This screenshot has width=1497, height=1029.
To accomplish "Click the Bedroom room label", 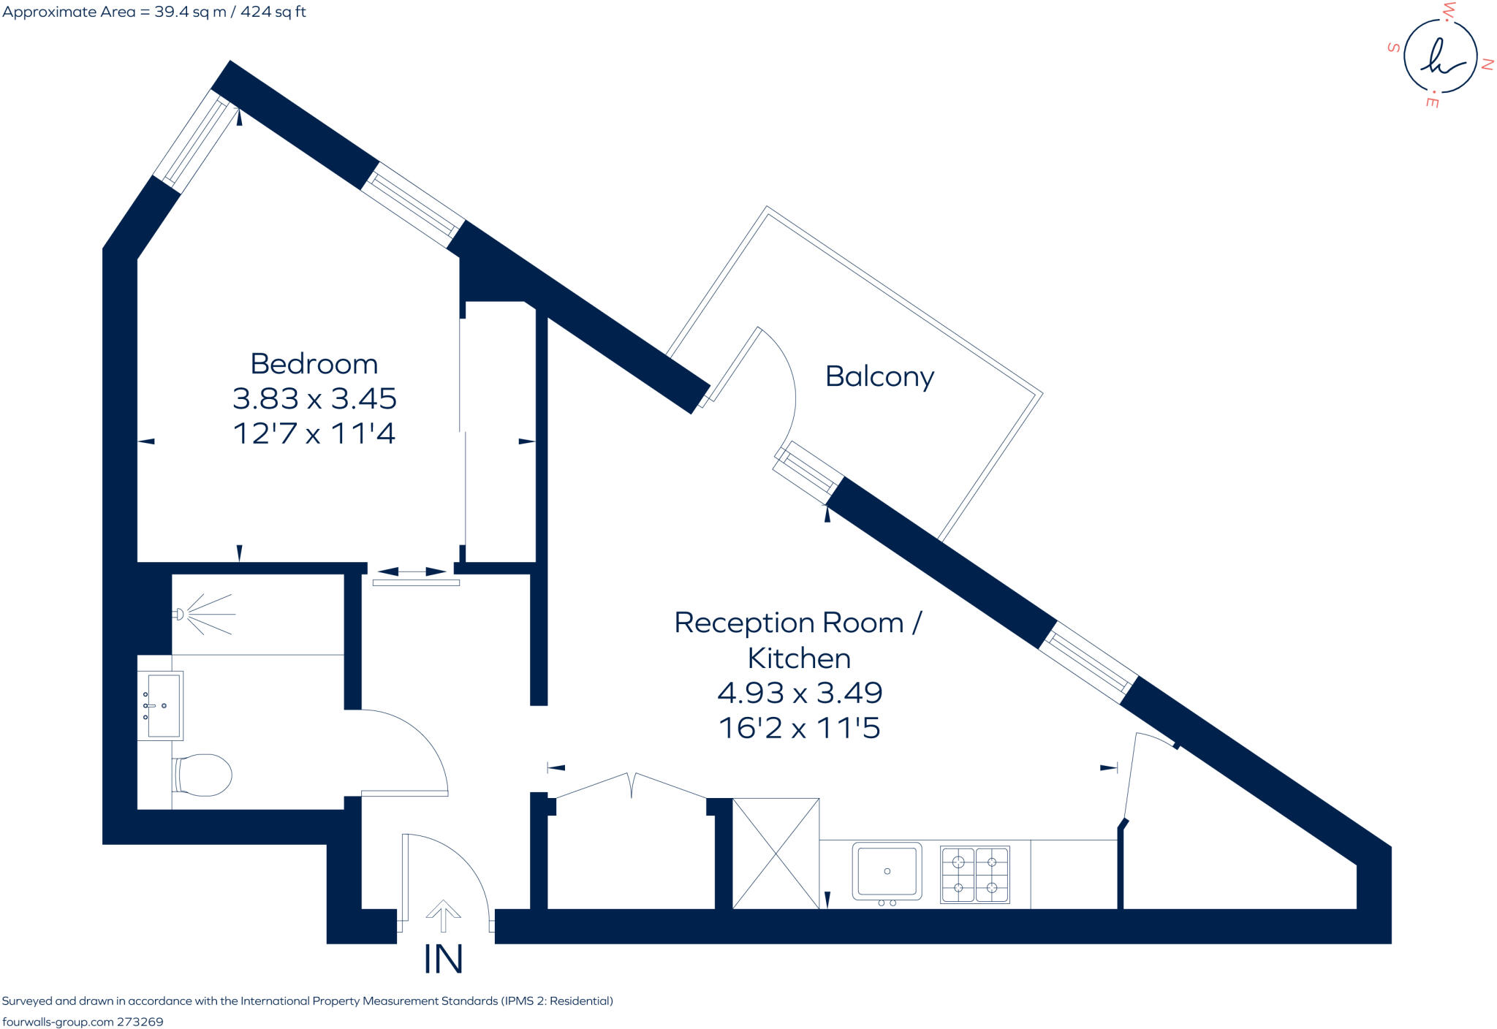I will [x=314, y=364].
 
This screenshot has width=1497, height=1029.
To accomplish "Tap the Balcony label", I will [x=879, y=376].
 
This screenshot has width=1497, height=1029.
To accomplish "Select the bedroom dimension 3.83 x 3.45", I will [x=314, y=399].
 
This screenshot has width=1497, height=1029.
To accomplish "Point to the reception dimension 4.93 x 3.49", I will [x=800, y=693].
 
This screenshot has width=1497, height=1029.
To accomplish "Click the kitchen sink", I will [x=887, y=870].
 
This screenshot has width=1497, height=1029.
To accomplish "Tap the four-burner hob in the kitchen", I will [x=975, y=875].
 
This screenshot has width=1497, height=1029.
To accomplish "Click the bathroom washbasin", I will [x=162, y=705].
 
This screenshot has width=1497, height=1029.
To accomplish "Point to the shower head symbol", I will [x=179, y=614].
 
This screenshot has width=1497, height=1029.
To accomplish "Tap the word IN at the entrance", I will [x=443, y=960].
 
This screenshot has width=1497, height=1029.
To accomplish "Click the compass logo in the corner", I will [x=1440, y=56].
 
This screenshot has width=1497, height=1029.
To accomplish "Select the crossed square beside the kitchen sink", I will [x=776, y=854].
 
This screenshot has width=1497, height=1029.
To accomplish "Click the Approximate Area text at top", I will [x=154, y=12].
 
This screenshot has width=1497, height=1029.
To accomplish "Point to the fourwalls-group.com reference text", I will [x=83, y=1022].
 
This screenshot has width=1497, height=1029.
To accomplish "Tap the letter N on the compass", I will [x=1487, y=64].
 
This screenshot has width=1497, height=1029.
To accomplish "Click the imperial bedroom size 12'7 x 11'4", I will [x=314, y=433].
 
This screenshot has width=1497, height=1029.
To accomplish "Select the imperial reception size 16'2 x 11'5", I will [x=800, y=728].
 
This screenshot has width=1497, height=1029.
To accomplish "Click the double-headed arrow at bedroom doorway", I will [x=412, y=572].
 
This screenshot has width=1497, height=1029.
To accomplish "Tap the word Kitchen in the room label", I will [x=799, y=658].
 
